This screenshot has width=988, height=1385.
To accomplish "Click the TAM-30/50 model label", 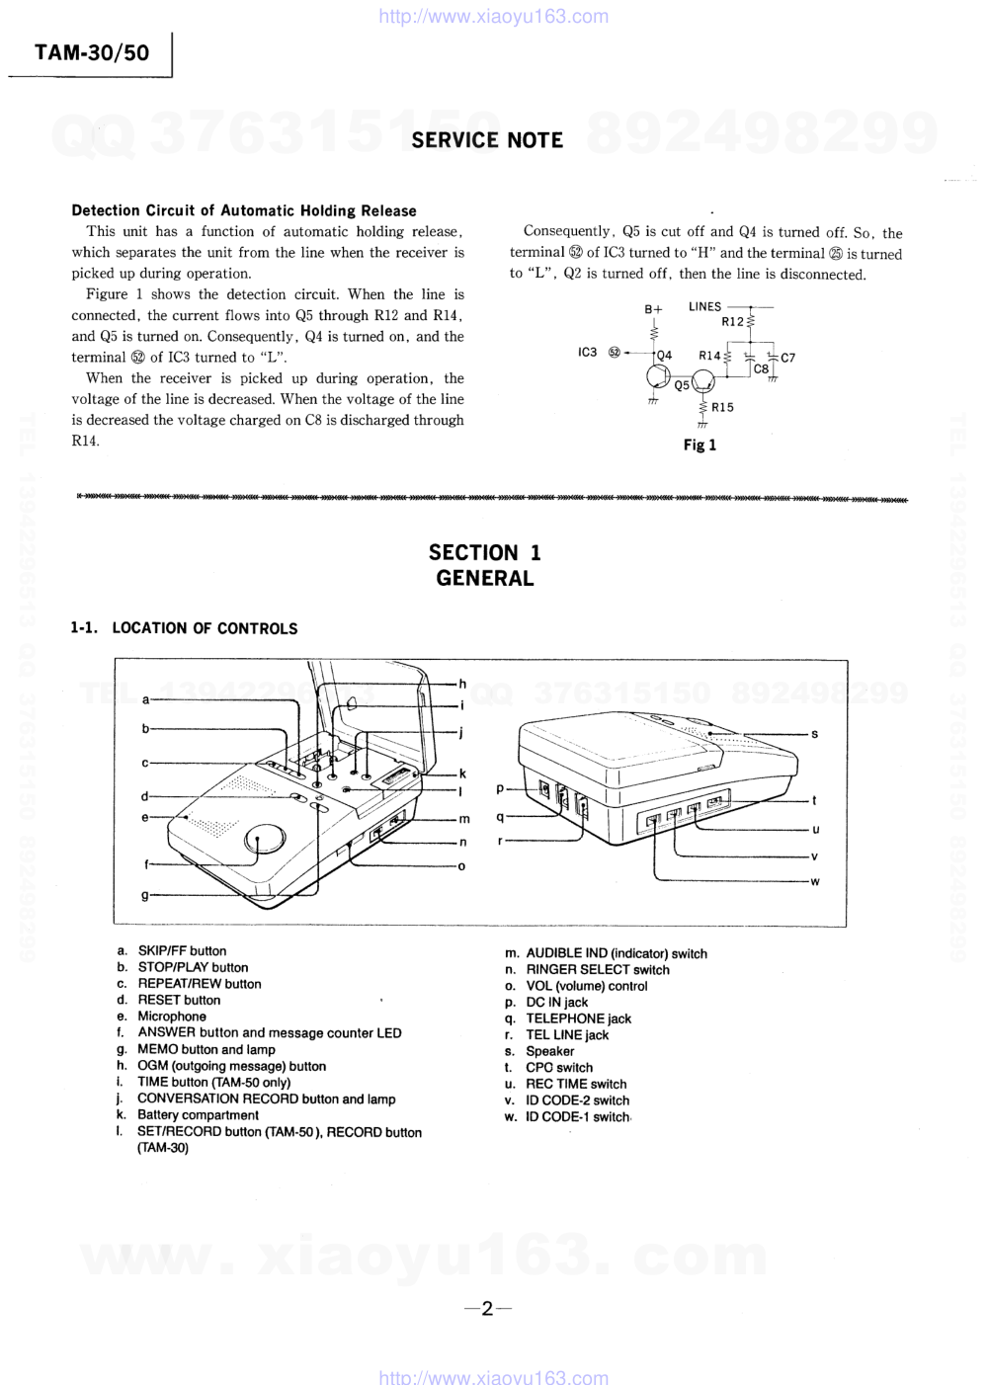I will click(x=92, y=53).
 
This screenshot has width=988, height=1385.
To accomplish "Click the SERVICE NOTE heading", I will click(x=487, y=140).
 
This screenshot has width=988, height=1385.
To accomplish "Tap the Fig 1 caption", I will click(x=700, y=445).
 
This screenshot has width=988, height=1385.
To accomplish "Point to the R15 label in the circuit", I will click(x=722, y=407).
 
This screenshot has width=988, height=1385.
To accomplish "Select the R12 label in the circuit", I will click(x=732, y=321).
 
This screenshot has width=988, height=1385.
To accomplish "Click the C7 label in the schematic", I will click(x=787, y=358).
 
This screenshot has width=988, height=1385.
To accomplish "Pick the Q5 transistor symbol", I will click(x=702, y=381).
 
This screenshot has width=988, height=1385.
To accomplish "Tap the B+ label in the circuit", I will click(x=653, y=309).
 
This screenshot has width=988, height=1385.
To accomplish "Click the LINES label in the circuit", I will click(x=705, y=306).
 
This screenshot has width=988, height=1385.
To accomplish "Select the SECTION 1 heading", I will click(x=484, y=552).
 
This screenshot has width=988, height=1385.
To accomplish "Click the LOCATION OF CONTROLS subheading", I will click(x=205, y=628).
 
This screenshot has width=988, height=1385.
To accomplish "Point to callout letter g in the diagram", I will click(x=145, y=895).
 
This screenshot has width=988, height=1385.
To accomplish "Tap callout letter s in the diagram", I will click(x=814, y=734).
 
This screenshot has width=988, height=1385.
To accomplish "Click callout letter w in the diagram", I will click(x=814, y=881).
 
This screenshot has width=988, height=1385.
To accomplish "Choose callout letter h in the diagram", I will click(x=461, y=684).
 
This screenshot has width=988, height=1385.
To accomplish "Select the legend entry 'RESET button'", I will click(x=179, y=1000).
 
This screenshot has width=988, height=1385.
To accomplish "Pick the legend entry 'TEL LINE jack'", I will click(x=567, y=1034).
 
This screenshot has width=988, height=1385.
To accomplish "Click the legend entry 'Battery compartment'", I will click(x=198, y=1114).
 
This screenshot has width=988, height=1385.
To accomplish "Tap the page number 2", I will click(x=487, y=1309).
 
